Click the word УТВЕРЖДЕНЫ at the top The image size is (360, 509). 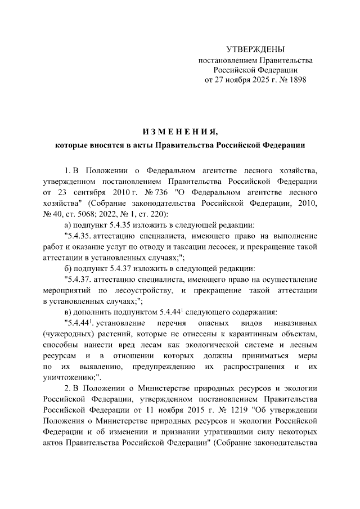[x=255, y=49]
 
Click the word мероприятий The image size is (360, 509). [x=66, y=290]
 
